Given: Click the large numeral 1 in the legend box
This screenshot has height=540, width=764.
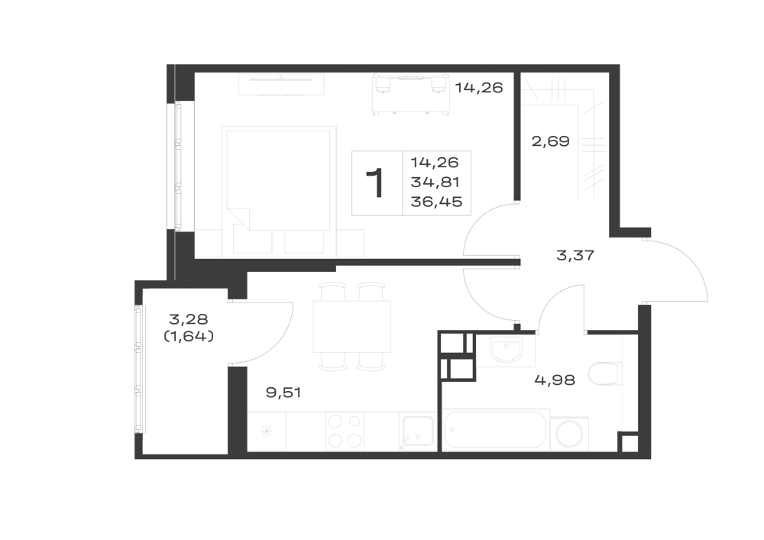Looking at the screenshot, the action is point(376,183).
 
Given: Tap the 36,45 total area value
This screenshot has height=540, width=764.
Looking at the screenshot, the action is point(436,202).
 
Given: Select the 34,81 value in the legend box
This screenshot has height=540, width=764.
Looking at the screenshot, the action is point(435,182).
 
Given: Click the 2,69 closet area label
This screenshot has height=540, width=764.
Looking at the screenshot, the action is point(550,141).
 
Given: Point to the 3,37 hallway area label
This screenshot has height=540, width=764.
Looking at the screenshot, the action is point(575,254).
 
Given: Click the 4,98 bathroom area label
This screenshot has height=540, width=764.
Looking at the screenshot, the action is point(555,380).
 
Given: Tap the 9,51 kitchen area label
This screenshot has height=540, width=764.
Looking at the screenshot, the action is point(283,392).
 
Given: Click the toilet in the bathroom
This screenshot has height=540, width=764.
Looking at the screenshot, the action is point(605,373).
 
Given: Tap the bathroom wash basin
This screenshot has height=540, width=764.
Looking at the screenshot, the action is point(506,350).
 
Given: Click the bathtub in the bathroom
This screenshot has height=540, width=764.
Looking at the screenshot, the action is point(496,429).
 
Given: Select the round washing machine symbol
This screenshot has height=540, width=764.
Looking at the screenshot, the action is point(569,433).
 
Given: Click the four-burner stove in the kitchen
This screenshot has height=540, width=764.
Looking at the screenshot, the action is point(345,431).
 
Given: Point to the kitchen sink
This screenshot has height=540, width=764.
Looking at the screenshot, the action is point(417,431).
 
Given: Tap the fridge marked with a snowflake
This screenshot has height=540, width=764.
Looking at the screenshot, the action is point(267,431).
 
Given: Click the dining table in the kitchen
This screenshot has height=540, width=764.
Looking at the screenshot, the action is point(351,326).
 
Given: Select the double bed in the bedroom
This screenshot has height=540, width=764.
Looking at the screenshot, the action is point(279,192).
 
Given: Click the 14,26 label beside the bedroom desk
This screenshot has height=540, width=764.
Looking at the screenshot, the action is point(479,88).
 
